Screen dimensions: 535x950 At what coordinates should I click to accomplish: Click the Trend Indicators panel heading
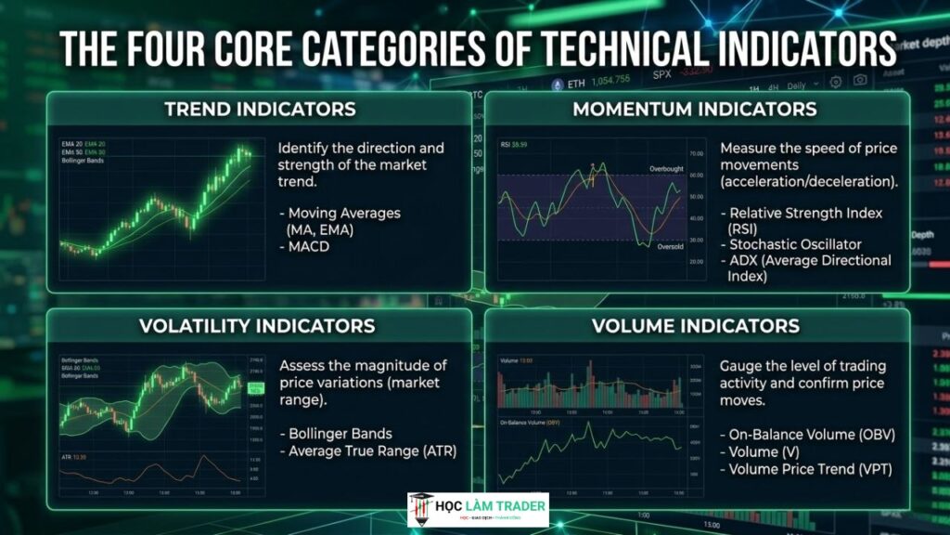click(x=260, y=109)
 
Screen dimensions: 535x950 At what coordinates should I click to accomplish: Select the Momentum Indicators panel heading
click(x=695, y=109)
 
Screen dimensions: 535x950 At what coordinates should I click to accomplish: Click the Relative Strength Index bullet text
click(x=802, y=213)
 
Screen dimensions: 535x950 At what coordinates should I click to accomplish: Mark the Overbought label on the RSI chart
click(x=665, y=168)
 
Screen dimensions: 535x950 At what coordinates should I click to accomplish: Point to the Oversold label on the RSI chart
click(x=670, y=247)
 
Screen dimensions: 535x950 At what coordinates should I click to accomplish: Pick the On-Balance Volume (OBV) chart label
click(x=525, y=423)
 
